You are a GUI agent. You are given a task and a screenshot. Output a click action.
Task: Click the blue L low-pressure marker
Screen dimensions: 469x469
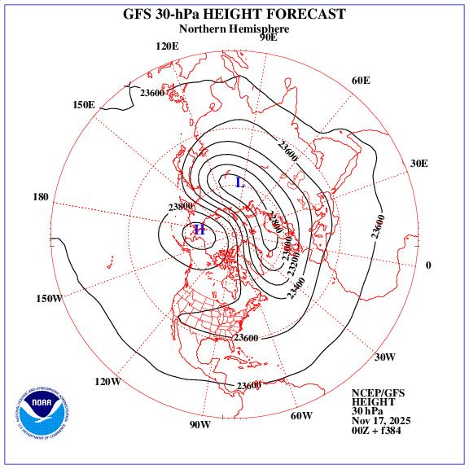click(x=239, y=182)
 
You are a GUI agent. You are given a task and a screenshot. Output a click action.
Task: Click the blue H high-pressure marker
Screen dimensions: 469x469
click(x=199, y=230)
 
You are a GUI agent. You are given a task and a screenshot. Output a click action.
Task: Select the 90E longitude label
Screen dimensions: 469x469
click(x=268, y=37)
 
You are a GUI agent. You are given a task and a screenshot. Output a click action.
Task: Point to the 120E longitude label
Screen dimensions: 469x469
click(x=167, y=46)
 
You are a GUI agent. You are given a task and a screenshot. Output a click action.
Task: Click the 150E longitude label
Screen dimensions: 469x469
click(x=83, y=105)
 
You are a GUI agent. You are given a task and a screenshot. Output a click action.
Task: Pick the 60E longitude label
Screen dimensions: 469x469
click(x=361, y=80)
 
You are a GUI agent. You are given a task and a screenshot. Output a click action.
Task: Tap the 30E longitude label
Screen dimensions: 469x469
click(x=419, y=163)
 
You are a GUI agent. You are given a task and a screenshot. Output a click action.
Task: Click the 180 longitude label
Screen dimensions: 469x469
click(x=42, y=197)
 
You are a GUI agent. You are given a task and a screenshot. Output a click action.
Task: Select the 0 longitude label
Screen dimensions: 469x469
click(x=428, y=265)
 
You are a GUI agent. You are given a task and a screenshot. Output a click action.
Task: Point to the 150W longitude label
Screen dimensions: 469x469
click(x=49, y=299)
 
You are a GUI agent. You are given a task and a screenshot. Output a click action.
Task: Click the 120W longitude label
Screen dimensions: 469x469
click(x=107, y=382)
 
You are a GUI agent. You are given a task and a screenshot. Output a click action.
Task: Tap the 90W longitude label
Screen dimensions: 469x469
click(x=200, y=425)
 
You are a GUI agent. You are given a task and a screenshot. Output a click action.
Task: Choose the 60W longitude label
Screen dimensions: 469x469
click(x=301, y=416)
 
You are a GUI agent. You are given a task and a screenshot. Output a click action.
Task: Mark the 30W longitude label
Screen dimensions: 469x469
click(x=385, y=357)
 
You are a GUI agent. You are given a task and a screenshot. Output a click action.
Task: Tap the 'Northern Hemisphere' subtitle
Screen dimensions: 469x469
click(x=234, y=28)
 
